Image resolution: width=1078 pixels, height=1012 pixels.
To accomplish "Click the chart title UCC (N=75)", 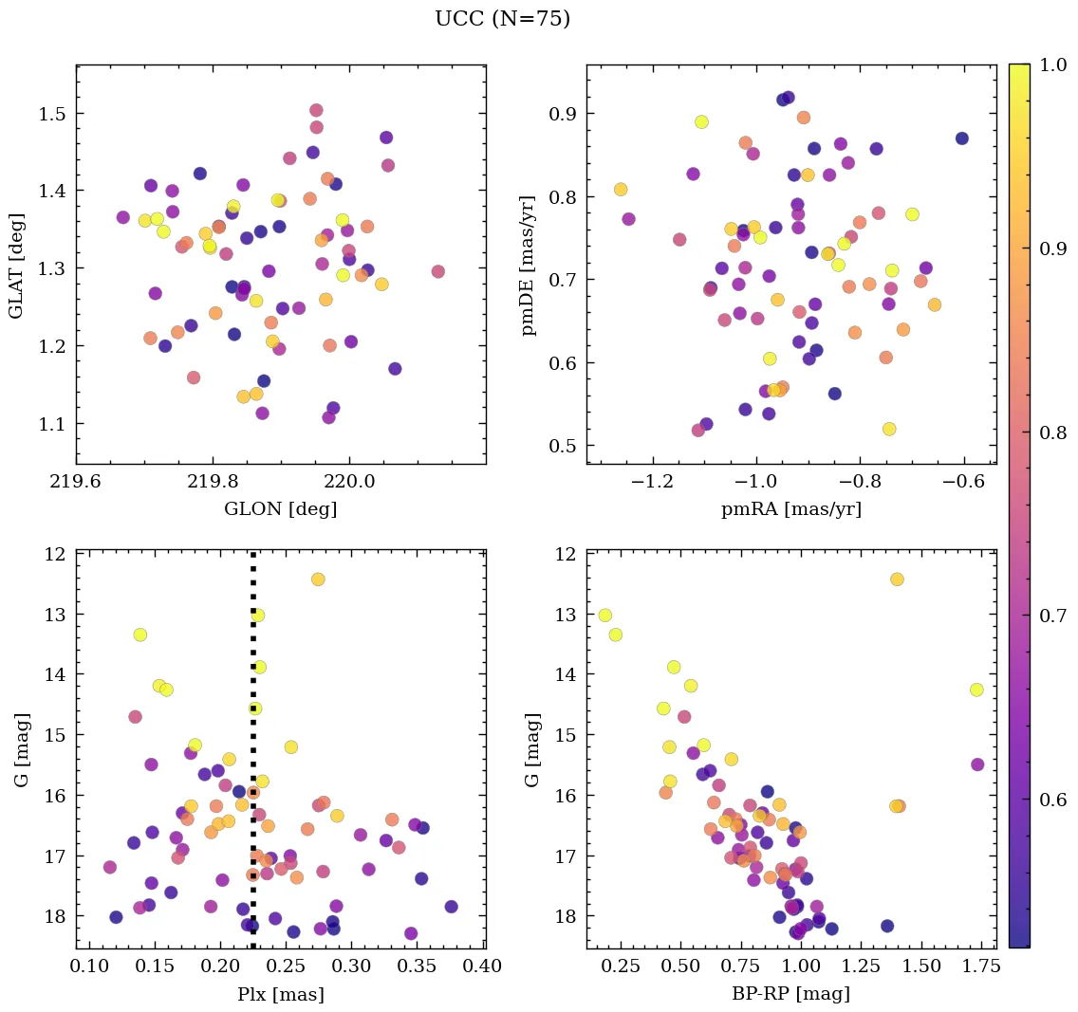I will pos(502,19).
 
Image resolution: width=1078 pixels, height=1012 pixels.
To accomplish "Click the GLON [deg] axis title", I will pos(280,509).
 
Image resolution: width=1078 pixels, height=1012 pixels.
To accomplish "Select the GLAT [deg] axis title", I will pos(17,265).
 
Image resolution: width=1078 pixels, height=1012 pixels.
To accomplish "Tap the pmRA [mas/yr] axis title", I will pos(790,509).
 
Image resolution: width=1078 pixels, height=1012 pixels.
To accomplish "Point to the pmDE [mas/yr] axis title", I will pos(529,265).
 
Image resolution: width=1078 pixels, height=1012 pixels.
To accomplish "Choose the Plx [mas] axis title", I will pos(280,995).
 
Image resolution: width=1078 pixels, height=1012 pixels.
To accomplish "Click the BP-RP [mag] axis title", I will pos(790,995).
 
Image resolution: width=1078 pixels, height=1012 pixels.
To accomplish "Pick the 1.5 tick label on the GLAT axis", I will pos(51,114).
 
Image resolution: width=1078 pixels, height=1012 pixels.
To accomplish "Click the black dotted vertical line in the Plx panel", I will pos(252,759).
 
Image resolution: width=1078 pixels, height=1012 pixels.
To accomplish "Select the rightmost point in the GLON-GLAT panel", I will pos(437,271).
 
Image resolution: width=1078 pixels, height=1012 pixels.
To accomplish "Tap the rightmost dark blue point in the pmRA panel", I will pos(961,138).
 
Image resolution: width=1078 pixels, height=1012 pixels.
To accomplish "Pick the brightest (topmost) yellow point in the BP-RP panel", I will pos(897,580).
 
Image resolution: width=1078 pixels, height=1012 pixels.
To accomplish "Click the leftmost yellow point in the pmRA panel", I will pos(621,190).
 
